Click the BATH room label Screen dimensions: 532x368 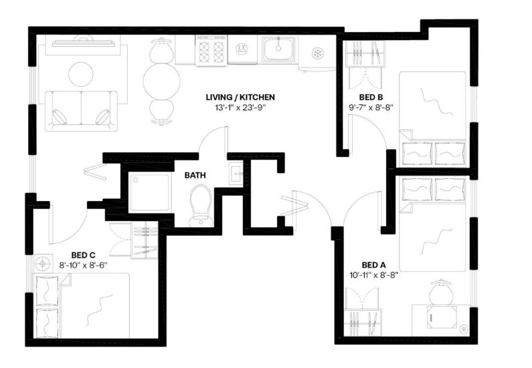195,176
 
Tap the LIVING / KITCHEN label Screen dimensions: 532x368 240,97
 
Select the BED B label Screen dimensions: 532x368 371,98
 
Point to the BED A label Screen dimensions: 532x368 373,264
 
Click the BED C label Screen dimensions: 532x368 83,254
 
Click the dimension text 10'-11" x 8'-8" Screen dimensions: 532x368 373,275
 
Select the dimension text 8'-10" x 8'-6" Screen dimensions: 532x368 83,265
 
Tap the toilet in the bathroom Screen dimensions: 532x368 201,206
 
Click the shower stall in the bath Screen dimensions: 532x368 149,192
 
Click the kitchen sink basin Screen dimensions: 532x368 278,49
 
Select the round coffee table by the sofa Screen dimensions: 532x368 81,75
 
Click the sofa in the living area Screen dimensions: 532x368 81,111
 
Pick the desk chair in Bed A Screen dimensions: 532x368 441,293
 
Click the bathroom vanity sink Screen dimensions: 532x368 236,174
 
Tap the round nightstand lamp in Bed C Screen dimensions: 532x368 42,263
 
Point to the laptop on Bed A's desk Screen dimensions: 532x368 441,317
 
